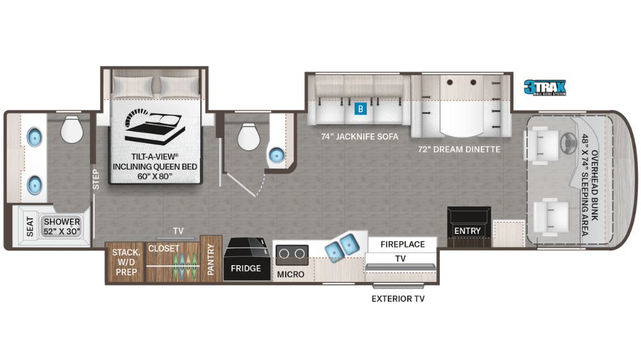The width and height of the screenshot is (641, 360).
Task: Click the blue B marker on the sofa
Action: [361, 108]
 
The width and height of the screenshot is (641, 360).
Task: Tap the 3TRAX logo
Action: [545, 87]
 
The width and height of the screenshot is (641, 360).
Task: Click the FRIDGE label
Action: [246, 268]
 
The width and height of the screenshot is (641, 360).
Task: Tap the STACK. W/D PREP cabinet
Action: [125, 261]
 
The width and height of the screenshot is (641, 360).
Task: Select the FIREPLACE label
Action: [403, 244]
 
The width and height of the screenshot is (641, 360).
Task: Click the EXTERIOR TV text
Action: [398, 299]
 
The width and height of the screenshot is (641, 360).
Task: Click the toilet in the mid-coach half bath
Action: [247, 135]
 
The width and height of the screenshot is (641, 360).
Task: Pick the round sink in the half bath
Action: [276, 155]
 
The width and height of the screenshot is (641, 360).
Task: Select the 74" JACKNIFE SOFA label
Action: [360, 136]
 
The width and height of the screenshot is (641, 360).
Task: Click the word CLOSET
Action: [164, 248]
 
